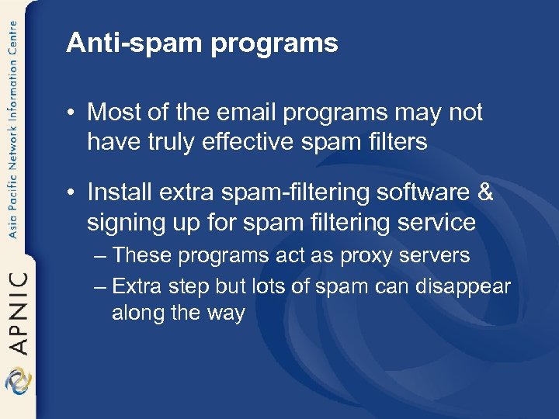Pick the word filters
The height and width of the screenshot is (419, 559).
(394, 143)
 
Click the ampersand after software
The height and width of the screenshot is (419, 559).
(485, 192)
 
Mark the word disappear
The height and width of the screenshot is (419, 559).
(463, 286)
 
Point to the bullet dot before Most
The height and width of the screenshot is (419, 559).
(71, 113)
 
